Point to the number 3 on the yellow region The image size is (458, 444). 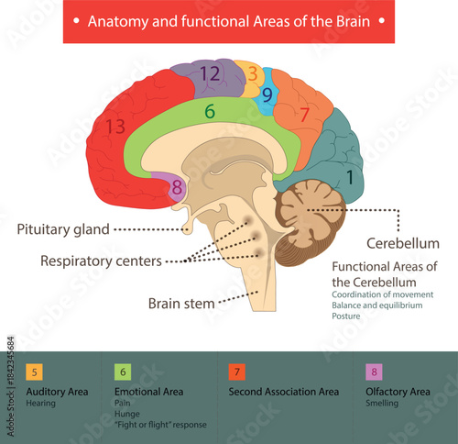tap(252, 74)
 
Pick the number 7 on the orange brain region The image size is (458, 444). tap(305, 116)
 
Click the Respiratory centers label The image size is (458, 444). tap(101, 261)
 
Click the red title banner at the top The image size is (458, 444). tap(229, 21)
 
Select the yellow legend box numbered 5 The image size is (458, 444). tap(35, 372)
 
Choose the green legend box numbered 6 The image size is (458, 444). tap(123, 372)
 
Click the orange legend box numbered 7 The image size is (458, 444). tap(236, 372)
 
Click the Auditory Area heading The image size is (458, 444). tap(58, 391)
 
